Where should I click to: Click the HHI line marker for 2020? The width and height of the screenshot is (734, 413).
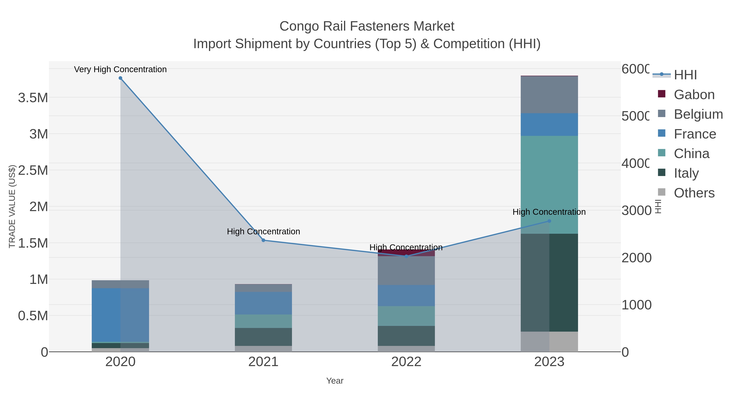pyautogui.click(x=120, y=78)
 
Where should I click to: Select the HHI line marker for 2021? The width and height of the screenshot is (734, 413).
pyautogui.click(x=263, y=240)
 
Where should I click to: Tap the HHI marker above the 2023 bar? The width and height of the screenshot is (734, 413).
pyautogui.click(x=549, y=221)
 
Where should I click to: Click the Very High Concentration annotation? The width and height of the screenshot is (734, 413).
pyautogui.click(x=120, y=69)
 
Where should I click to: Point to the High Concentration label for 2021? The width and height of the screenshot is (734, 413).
pyautogui.click(x=263, y=231)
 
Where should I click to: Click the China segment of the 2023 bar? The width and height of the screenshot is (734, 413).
pyautogui.click(x=549, y=185)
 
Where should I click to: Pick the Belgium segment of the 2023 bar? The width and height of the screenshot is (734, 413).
pyautogui.click(x=549, y=95)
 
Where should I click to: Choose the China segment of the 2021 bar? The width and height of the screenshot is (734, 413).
pyautogui.click(x=263, y=321)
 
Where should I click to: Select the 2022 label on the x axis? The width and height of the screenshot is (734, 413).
pyautogui.click(x=406, y=362)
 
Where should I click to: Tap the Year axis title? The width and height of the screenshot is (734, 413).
pyautogui.click(x=335, y=381)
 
